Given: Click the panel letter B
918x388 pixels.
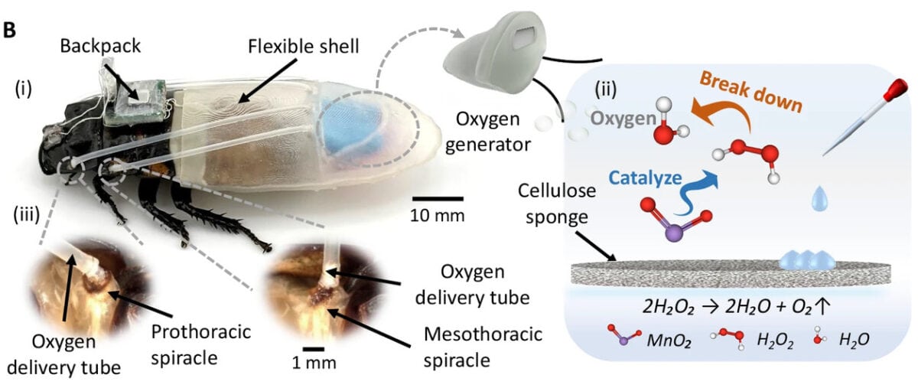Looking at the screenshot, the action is coord(9,30).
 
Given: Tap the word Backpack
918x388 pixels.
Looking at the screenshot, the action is coord(100,46).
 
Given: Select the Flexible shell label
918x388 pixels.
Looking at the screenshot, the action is coord(304,47).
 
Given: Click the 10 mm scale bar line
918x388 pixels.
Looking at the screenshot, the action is coord(438,199).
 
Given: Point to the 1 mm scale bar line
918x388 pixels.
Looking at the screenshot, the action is coord(314,350).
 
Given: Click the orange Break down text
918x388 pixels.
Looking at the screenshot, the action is coord(750,92).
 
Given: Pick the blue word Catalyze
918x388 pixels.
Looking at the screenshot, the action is coord(645,178).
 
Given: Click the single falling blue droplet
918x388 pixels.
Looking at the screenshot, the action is coord(819,199).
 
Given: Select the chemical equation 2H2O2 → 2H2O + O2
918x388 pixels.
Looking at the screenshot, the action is coord(737,307).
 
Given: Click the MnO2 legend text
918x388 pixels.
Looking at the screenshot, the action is coord(669,341).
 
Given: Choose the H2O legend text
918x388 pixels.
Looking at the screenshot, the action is coord(854,340).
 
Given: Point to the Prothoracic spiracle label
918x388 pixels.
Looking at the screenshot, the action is coord(200,345).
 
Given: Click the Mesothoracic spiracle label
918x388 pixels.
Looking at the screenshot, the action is coord(483,347).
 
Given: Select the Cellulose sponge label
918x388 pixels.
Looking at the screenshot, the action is coord(557,204).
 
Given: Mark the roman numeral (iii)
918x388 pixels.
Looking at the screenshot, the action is coord(27,215).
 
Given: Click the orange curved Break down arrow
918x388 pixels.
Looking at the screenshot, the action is coord(724,116).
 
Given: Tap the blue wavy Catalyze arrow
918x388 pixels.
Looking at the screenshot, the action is coord(698,193).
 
